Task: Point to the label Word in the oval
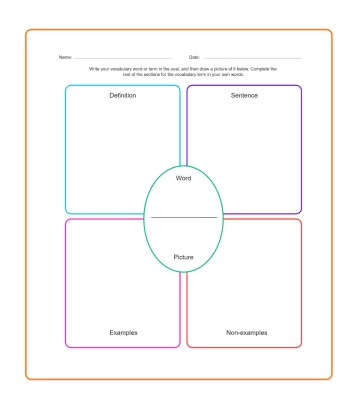pos(183,178)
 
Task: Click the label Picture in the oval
pos(183,257)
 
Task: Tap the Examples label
pos(123,331)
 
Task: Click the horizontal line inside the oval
pos(183,217)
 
